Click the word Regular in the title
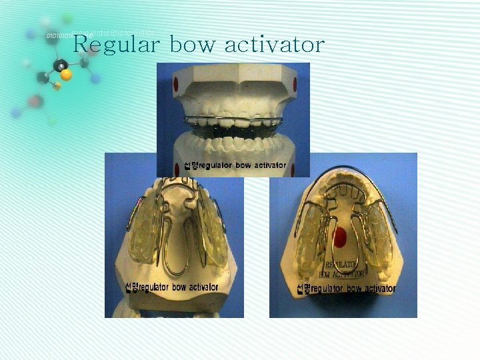click(116, 45)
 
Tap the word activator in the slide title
click(275, 45)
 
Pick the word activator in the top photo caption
click(265, 165)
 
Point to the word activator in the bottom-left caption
click(197, 287)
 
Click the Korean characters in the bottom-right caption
click(303, 289)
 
